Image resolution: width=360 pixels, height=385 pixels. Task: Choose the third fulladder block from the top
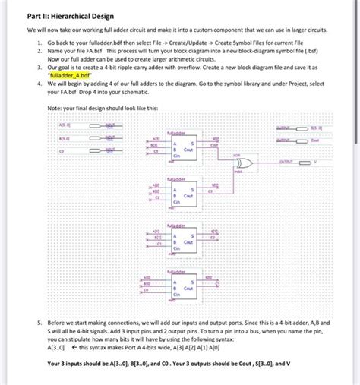click(x=184, y=238)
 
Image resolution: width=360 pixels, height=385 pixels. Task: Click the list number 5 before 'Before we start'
click(x=40, y=322)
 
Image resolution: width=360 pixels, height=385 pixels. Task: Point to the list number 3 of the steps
click(x=40, y=68)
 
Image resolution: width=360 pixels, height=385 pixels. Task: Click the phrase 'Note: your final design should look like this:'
click(x=103, y=107)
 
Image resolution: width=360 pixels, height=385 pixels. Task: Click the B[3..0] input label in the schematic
click(x=64, y=139)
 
